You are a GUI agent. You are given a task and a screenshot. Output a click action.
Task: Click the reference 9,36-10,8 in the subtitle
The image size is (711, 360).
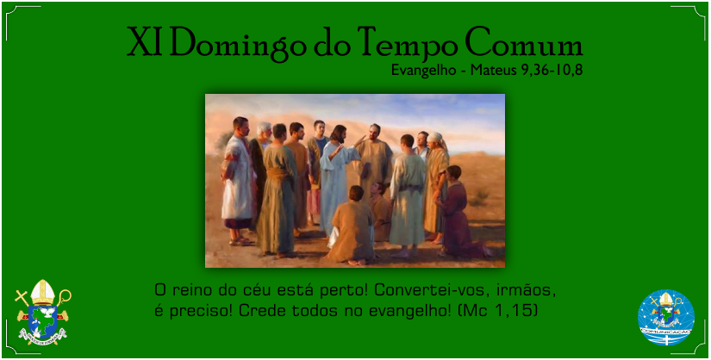pyautogui.click(x=552, y=71)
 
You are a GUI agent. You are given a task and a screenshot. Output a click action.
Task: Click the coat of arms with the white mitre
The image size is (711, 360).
pyautogui.click(x=42, y=312)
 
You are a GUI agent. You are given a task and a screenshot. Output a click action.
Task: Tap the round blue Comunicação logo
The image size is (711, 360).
pyautogui.click(x=665, y=318)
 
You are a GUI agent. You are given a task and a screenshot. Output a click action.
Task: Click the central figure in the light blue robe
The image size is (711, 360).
pyautogui.click(x=336, y=181)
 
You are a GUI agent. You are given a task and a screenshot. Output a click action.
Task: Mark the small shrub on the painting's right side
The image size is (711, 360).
pyautogui.click(x=481, y=196)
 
